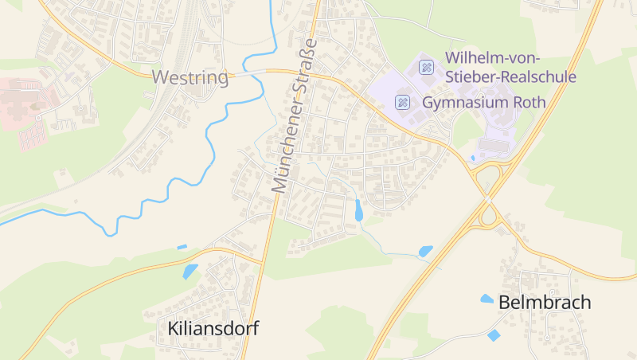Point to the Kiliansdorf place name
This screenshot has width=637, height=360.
tap(213, 327)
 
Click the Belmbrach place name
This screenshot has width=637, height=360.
tap(545, 303)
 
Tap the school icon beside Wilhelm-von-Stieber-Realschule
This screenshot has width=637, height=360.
tap(426, 67)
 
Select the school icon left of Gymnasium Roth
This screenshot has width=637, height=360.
tap(404, 102)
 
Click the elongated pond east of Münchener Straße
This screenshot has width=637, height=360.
tap(359, 211)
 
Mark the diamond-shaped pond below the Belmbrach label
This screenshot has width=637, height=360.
tap(494, 335)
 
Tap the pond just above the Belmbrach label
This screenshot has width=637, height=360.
tap(487, 299)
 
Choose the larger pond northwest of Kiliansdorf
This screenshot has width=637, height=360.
tap(190, 271)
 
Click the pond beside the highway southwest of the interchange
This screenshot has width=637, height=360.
tap(426, 251)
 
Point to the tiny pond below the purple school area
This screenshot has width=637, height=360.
tap(473, 158)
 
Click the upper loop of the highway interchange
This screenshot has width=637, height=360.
tap(489, 178)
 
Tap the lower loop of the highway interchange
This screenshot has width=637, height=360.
tap(487, 215)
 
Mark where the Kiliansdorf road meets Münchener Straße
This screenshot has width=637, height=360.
tap(264, 260)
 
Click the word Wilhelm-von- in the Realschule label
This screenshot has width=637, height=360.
tap(494, 57)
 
